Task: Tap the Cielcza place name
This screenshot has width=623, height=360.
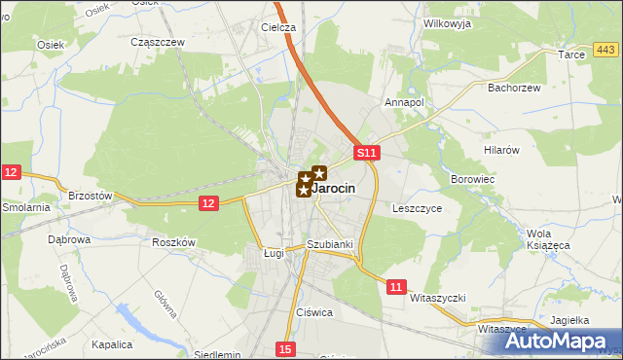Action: pos(277,27)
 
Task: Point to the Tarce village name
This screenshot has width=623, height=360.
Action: pos(570,55)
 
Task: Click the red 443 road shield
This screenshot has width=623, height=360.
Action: pos(605,50)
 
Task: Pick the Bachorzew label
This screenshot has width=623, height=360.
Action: pos(512,87)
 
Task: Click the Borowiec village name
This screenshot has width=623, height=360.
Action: pos(474,180)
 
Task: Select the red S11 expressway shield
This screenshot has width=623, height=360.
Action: pos(365,153)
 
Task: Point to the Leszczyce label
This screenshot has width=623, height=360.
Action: pos(418,207)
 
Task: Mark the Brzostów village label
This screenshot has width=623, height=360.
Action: pos(92,195)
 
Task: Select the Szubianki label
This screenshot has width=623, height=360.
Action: pos(328,244)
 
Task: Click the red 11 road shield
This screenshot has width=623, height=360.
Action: pos(395,286)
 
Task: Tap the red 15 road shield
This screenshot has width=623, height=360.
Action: pos(283,348)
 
